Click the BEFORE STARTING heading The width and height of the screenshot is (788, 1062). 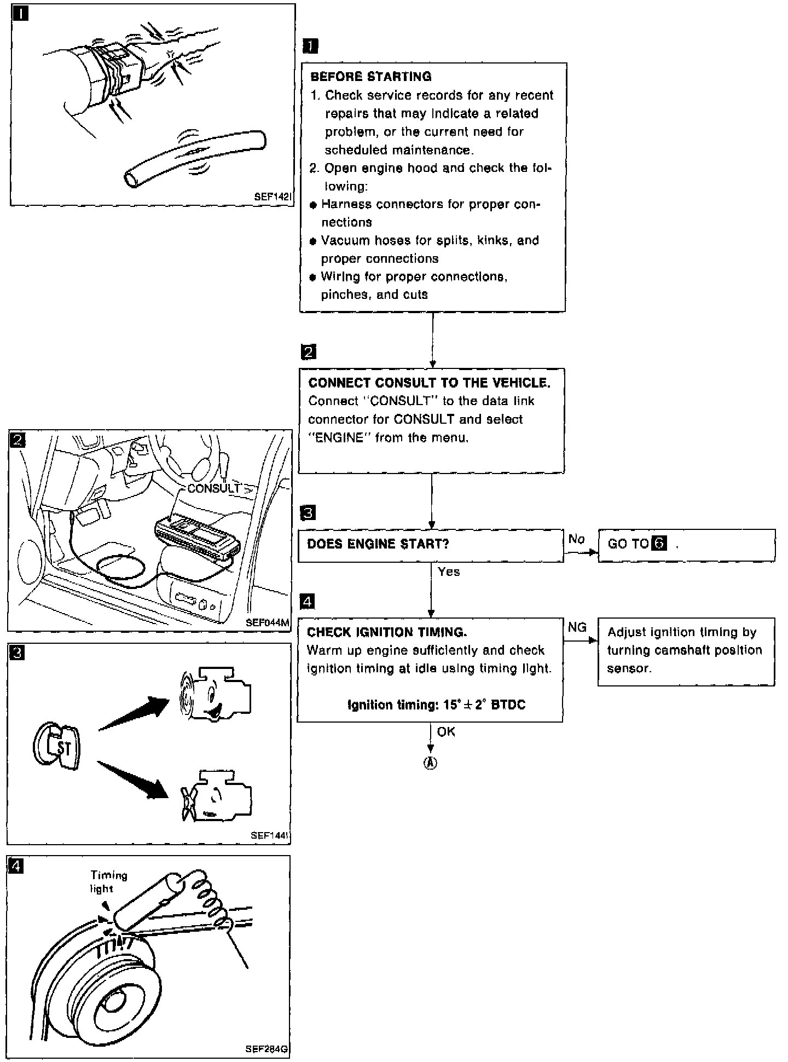point(371,76)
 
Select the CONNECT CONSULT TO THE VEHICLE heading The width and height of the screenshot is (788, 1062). point(429,383)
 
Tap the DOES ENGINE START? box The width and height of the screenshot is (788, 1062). point(431,545)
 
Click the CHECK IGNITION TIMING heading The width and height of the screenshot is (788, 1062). point(387,632)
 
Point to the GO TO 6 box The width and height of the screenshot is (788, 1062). point(686,545)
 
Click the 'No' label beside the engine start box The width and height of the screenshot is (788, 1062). point(576,539)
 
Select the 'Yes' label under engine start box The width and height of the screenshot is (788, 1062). point(449,572)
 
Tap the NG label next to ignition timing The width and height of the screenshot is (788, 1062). point(577,627)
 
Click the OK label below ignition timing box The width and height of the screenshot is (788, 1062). point(446,732)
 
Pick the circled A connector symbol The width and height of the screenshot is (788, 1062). point(431,764)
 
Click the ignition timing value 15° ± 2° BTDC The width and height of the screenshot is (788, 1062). point(436,705)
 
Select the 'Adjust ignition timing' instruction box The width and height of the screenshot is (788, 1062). point(686,651)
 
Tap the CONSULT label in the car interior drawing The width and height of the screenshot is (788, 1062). point(213,488)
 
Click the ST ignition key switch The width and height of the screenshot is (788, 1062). point(57,747)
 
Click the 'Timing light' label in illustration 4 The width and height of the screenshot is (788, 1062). point(108,882)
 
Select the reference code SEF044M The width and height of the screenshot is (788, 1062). point(267,622)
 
